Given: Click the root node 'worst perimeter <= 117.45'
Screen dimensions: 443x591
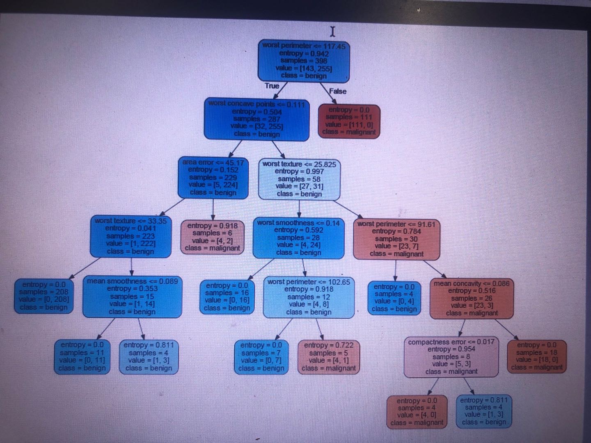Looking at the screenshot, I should [304, 61].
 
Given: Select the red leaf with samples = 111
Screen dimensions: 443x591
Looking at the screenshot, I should [349, 121].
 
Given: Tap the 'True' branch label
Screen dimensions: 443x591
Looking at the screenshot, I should [272, 86].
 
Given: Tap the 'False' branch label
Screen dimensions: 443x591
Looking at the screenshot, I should [337, 91].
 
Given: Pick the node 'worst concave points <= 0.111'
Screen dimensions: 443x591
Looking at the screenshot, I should [257, 119].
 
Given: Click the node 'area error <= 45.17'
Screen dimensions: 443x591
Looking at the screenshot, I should [213, 178].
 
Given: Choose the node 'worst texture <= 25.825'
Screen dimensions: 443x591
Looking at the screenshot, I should [299, 179].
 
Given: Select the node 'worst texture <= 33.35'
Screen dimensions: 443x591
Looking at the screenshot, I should [131, 236].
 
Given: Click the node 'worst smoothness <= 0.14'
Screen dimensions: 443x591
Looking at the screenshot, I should [298, 237].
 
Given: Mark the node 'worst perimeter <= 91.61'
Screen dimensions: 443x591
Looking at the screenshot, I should [396, 239].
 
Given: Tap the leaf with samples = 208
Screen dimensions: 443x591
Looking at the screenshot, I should [44, 296].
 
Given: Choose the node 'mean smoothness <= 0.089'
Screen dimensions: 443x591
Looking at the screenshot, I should [132, 297].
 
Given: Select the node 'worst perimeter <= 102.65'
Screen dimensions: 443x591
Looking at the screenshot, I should [309, 297].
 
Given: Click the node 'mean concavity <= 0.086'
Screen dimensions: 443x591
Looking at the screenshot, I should [472, 298].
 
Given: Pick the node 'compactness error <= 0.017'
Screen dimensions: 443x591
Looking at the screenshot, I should [451, 356].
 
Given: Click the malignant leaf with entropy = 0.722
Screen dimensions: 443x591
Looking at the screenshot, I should [328, 356].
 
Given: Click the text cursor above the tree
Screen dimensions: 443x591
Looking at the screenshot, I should [332, 31].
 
